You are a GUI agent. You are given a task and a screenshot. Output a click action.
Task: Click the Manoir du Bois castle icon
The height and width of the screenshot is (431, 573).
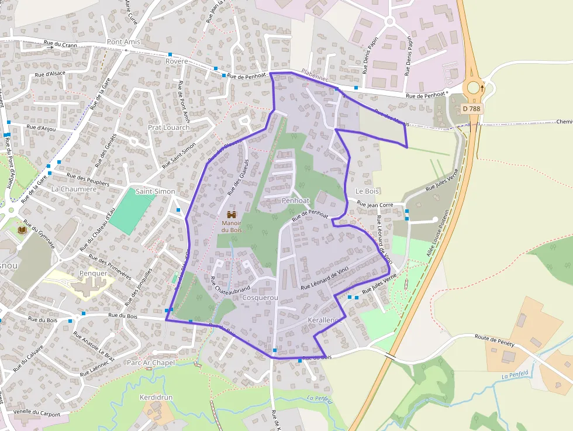tap(232, 215)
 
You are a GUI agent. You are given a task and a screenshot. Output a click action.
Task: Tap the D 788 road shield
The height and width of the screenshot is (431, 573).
tap(472, 108)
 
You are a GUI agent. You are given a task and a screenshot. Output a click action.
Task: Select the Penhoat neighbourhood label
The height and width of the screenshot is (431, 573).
tap(295, 201)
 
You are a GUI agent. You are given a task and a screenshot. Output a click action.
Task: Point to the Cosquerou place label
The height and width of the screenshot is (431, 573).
tap(260, 298)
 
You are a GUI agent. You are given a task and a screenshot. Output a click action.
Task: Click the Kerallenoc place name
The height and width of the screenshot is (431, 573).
tap(323, 320)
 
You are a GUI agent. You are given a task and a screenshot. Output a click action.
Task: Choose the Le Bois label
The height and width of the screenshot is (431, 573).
tap(367, 191)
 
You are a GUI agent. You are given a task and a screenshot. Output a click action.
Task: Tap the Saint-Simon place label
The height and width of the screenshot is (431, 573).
tap(155, 191)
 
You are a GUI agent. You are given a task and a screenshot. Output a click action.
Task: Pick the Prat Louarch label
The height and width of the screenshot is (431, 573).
tap(168, 127)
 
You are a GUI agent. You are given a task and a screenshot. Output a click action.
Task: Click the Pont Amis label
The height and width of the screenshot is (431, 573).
tap(124, 42)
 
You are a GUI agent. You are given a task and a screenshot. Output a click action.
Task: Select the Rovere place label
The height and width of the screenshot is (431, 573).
tap(177, 61)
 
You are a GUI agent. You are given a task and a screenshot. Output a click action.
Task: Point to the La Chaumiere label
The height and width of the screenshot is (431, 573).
tap(74, 189)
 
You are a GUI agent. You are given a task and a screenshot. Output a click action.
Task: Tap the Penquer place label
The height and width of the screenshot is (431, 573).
tap(94, 273)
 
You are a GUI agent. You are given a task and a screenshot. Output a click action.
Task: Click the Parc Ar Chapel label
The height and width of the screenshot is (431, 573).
tap(151, 363)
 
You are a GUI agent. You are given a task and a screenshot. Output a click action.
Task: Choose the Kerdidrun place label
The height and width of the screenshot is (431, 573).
tap(156, 398)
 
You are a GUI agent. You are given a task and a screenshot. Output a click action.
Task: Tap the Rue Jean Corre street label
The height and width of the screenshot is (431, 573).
tap(375, 205)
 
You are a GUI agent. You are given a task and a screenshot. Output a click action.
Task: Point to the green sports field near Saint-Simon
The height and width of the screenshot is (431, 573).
tap(132, 210)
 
